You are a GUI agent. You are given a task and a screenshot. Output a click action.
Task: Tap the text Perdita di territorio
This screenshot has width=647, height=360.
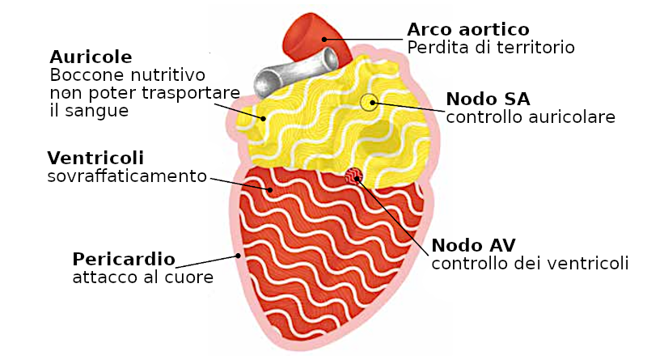click(x=491, y=48)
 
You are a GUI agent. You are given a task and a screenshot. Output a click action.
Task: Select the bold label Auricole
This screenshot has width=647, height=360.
click(x=91, y=57)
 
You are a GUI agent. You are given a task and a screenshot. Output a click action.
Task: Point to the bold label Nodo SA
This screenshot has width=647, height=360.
click(x=488, y=99)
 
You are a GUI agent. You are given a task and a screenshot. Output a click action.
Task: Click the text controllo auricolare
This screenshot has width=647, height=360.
click(x=531, y=117)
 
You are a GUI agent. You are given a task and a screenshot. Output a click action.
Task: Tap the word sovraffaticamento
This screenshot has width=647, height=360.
click(x=127, y=176)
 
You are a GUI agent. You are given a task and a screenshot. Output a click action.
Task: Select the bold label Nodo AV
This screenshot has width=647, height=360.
click(x=473, y=245)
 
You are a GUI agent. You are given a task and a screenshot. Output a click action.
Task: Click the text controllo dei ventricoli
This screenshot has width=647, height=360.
click(x=530, y=263)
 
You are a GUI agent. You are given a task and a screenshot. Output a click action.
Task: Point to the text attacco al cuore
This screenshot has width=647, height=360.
click(x=143, y=277)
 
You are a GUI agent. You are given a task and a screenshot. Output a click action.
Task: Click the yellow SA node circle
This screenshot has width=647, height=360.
click(x=369, y=102)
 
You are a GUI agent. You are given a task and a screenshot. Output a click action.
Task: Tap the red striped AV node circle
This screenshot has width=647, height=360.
click(x=353, y=175)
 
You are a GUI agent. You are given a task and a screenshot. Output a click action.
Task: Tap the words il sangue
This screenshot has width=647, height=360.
click(x=89, y=111)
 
